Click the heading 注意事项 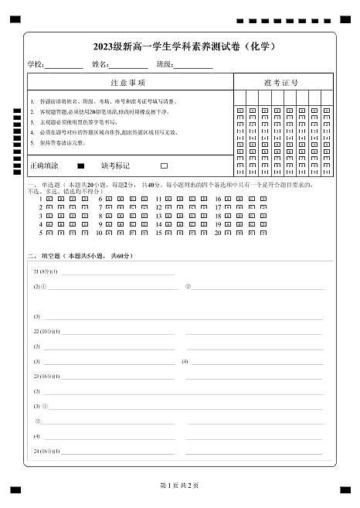128,83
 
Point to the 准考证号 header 281,83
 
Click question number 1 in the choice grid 40,199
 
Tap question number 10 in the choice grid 99,232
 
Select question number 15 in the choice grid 158,232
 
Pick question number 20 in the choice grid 218,232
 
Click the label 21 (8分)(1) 46,272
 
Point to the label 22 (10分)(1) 47,331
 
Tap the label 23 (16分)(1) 47,376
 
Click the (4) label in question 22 185,361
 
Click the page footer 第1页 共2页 179,485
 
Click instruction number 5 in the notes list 32,143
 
